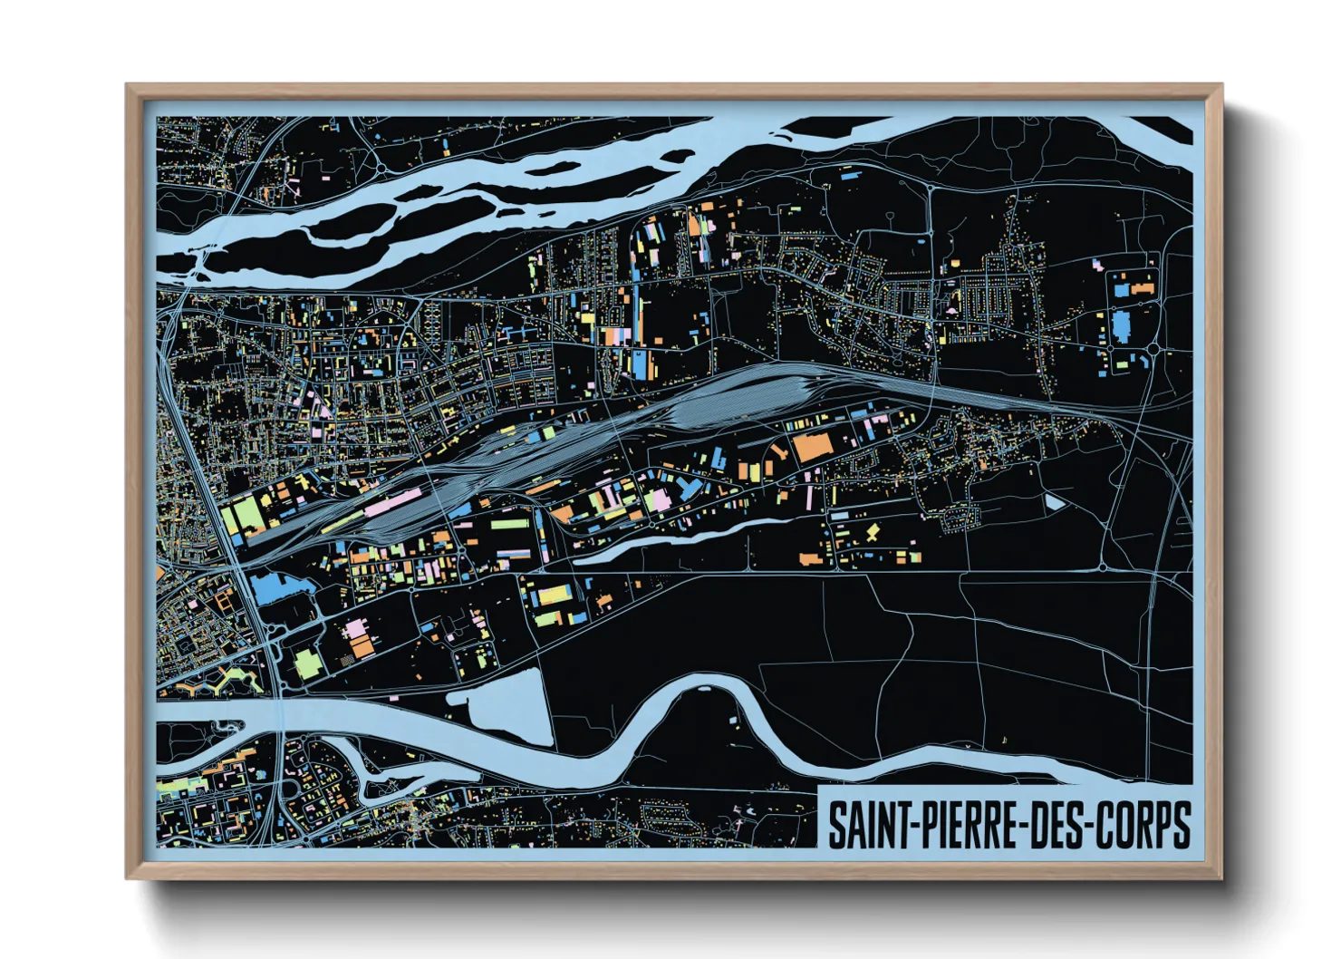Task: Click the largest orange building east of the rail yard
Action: (x=812, y=449)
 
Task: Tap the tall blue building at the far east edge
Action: (x=1122, y=325)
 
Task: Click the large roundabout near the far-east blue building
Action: (x=1153, y=348)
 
